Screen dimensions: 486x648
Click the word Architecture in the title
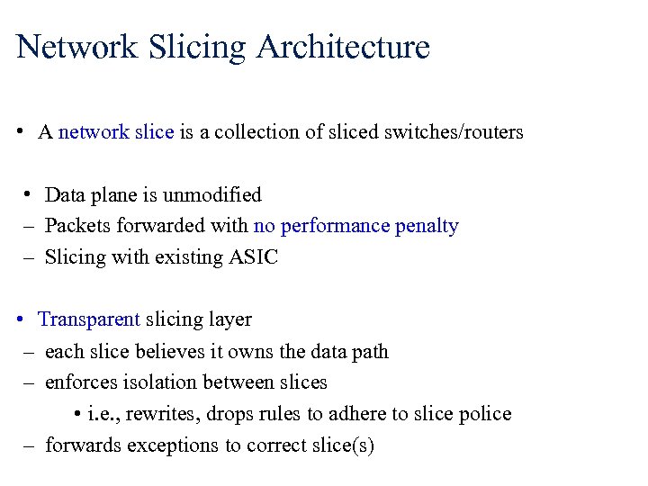343,47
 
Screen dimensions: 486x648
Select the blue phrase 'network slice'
116,132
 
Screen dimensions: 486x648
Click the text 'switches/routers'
454,132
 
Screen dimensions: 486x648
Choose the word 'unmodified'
215,195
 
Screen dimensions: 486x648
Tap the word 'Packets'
76,226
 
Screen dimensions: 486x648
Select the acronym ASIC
254,257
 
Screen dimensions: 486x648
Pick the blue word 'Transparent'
89,319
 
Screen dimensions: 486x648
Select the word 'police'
483,414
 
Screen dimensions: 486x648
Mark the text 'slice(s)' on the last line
339,445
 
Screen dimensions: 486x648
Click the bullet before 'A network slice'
19,132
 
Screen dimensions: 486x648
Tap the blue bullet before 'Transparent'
19,319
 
